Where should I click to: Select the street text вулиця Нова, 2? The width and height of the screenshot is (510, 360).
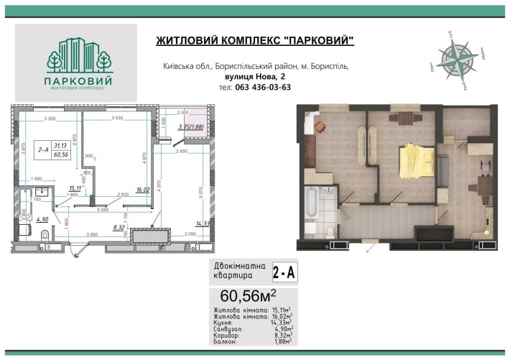(x=256, y=77)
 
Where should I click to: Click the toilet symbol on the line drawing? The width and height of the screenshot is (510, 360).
(x=47, y=236)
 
